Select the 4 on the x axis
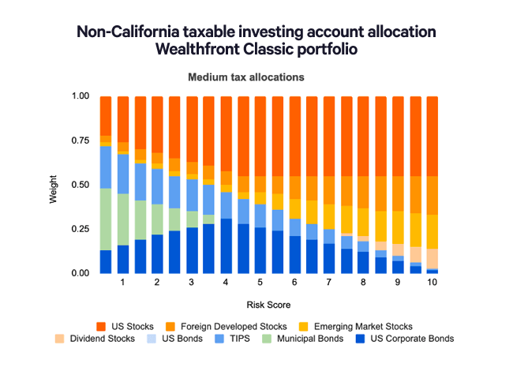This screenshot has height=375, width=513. (x=227, y=283)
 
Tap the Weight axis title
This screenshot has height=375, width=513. (x=53, y=185)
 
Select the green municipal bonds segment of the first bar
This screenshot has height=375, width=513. (x=106, y=219)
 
